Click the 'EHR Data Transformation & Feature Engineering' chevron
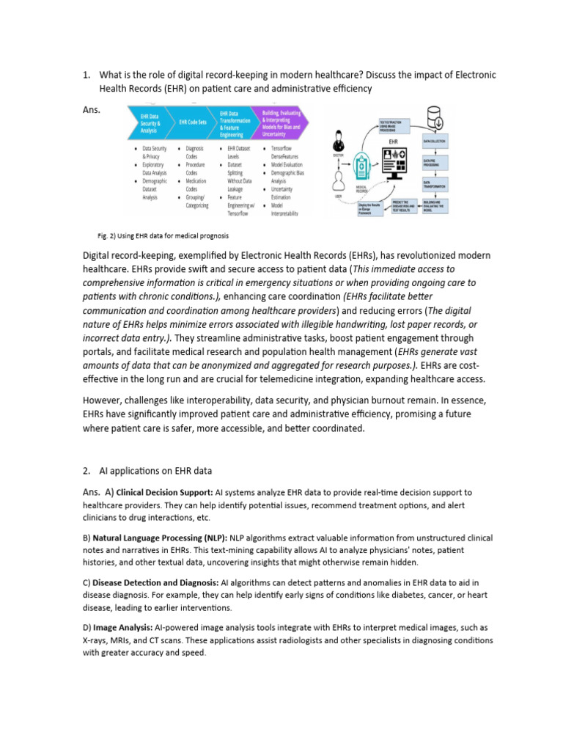(x=234, y=121)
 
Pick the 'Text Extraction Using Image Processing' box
(x=394, y=125)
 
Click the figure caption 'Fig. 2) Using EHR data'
(x=163, y=236)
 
